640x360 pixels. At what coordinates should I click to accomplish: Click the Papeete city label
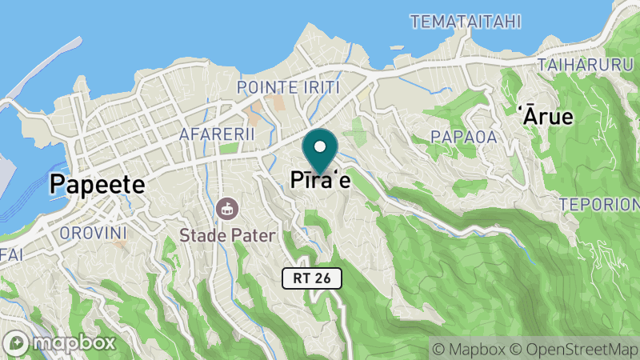click(97, 185)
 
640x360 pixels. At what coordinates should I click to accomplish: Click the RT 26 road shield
click(312, 278)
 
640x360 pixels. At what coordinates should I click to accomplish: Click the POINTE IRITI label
click(289, 86)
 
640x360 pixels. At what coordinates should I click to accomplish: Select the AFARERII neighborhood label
click(218, 134)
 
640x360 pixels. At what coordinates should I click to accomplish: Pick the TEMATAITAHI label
click(465, 21)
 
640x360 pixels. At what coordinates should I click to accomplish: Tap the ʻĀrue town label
click(548, 116)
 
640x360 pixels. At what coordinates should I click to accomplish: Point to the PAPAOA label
click(464, 137)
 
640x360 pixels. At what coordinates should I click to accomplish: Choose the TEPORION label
click(598, 204)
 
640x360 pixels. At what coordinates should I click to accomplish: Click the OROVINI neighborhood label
click(94, 234)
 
